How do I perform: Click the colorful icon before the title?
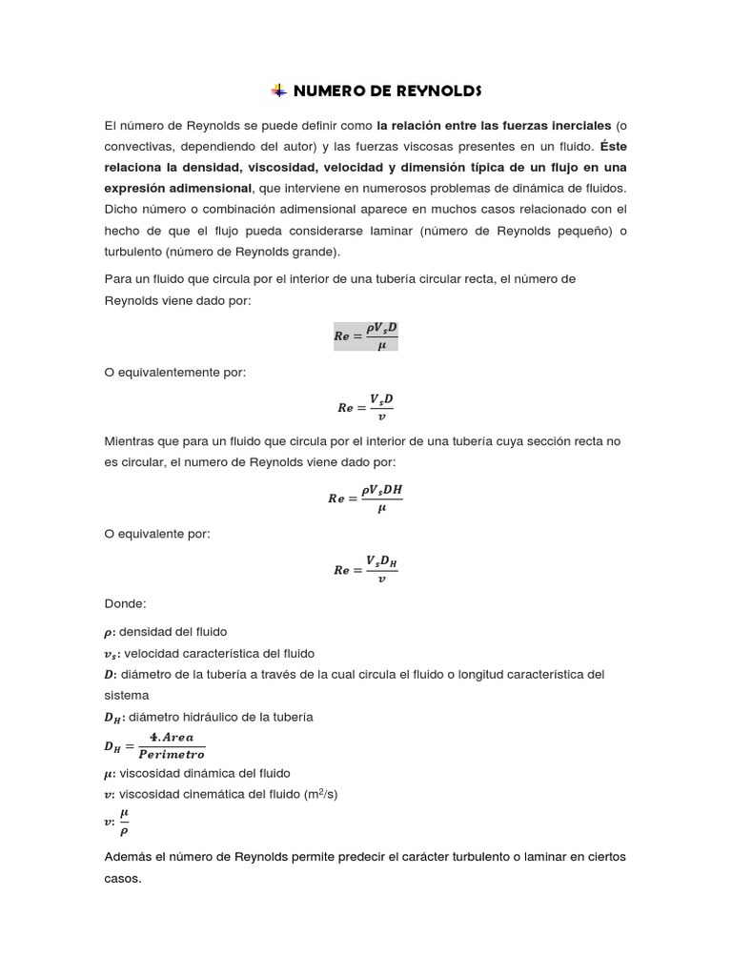[x=277, y=91]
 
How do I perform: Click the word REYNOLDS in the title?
[x=435, y=91]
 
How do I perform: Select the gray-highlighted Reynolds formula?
[x=365, y=335]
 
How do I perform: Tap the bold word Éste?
[x=615, y=146]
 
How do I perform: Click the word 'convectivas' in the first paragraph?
[x=138, y=146]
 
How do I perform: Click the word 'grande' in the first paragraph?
[x=303, y=252]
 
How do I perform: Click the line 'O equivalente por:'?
[x=157, y=534]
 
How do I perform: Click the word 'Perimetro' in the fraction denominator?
[x=172, y=754]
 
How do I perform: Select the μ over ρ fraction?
[x=124, y=820]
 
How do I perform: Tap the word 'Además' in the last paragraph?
[x=130, y=857]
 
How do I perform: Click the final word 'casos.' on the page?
[x=122, y=878]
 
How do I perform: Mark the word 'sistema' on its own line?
[x=126, y=696]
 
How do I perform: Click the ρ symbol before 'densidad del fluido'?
[x=107, y=633]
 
